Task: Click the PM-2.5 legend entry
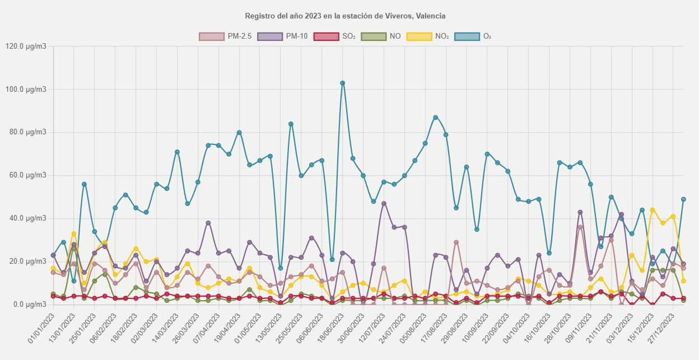(226, 36)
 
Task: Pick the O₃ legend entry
(473, 36)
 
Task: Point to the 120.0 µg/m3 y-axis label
(26, 46)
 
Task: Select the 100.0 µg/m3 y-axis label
(26, 90)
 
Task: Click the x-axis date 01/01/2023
(40, 328)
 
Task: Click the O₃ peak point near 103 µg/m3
(342, 83)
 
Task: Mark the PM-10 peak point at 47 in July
(384, 203)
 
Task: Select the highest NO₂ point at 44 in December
(653, 210)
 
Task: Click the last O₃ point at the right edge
(683, 199)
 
